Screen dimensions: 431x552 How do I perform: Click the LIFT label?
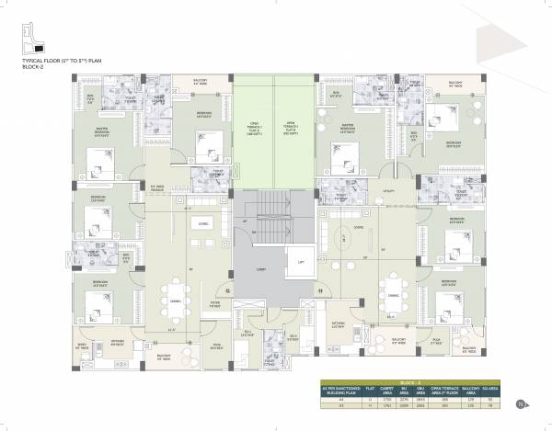[300, 262]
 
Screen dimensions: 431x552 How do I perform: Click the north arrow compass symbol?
[523, 403]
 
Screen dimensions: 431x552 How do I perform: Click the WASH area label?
[82, 346]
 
